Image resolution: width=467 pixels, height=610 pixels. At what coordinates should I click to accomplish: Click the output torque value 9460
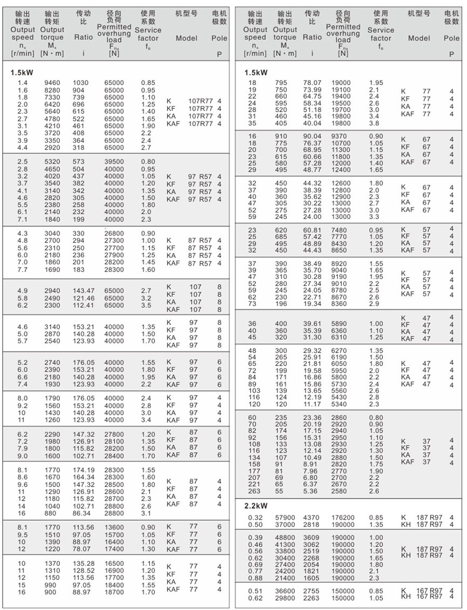pos(52,83)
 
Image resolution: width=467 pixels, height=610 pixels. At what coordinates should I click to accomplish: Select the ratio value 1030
pos(81,83)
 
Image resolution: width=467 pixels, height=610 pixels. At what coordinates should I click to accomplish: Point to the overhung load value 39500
pos(114,162)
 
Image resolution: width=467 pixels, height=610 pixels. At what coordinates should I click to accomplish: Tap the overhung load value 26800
pos(114,234)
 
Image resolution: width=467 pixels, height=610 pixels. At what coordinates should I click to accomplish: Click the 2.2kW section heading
pos(257,506)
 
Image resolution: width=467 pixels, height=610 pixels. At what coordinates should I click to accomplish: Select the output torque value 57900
pos(285,518)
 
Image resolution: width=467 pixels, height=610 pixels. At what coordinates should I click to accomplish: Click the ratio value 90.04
pos(312,137)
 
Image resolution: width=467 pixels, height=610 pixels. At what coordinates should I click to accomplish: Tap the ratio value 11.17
pos(312,404)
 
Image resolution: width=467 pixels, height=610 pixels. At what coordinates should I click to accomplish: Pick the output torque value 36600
pos(285,591)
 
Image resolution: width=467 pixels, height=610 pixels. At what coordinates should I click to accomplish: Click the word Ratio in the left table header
pos(84,37)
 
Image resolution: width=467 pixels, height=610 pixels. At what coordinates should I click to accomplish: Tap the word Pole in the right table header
pos(451,38)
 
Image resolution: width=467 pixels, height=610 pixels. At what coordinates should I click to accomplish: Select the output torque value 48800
pos(285,538)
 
